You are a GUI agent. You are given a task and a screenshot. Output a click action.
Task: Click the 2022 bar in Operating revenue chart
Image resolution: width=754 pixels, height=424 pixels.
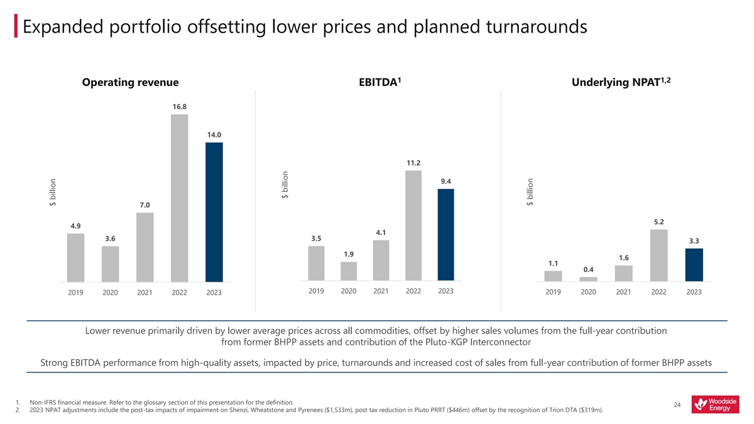179,198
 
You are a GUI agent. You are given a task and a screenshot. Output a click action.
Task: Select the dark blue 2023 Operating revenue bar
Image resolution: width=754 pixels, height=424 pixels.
214,212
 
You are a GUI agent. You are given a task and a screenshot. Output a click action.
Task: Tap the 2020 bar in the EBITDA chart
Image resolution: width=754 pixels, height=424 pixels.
349,271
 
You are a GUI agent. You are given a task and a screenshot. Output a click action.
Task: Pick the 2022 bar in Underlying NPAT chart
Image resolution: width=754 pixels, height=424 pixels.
659,255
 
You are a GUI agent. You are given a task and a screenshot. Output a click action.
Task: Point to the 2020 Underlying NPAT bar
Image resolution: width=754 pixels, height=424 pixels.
589,279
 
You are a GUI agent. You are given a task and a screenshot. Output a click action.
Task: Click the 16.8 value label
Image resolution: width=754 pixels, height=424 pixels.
179,107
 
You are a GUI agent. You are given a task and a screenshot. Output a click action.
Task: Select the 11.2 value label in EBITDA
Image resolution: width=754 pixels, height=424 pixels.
413,163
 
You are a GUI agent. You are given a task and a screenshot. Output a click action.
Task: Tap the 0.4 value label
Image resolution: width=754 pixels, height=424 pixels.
589,269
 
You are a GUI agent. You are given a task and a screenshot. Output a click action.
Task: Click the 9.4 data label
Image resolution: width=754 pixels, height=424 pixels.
445,182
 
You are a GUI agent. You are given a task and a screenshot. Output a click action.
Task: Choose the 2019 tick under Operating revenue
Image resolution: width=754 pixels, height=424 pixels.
75,293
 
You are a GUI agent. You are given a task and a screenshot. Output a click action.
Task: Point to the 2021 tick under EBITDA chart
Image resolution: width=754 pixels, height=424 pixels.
381,291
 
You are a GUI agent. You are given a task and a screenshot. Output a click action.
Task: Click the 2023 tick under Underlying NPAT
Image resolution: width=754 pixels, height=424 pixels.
694,292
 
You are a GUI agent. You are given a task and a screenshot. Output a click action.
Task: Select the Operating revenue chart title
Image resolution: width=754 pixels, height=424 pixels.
131,82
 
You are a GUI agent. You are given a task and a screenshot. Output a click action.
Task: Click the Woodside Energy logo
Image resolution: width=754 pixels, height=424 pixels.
715,405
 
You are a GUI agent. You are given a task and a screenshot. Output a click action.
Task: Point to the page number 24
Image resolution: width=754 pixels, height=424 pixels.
677,405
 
